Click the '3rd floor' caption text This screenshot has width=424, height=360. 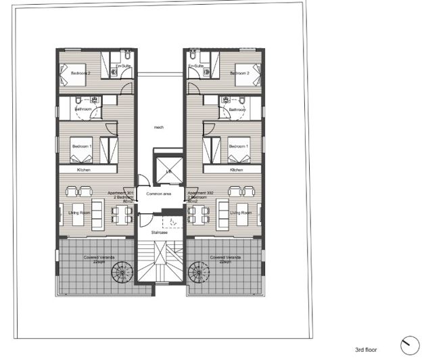(369, 350)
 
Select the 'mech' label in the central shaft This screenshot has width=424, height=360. (159, 127)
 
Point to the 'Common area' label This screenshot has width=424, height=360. (159, 195)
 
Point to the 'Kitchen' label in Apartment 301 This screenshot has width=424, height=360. (84, 170)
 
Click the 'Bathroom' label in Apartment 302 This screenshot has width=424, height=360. (236, 109)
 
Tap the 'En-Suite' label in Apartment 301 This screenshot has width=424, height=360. (122, 66)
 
